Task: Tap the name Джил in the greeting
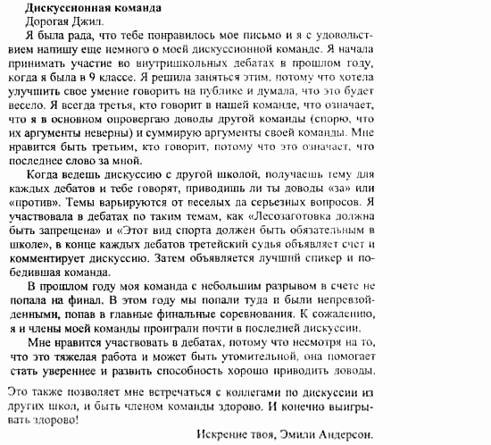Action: (x=85, y=22)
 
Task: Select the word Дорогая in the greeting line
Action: (x=35, y=22)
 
